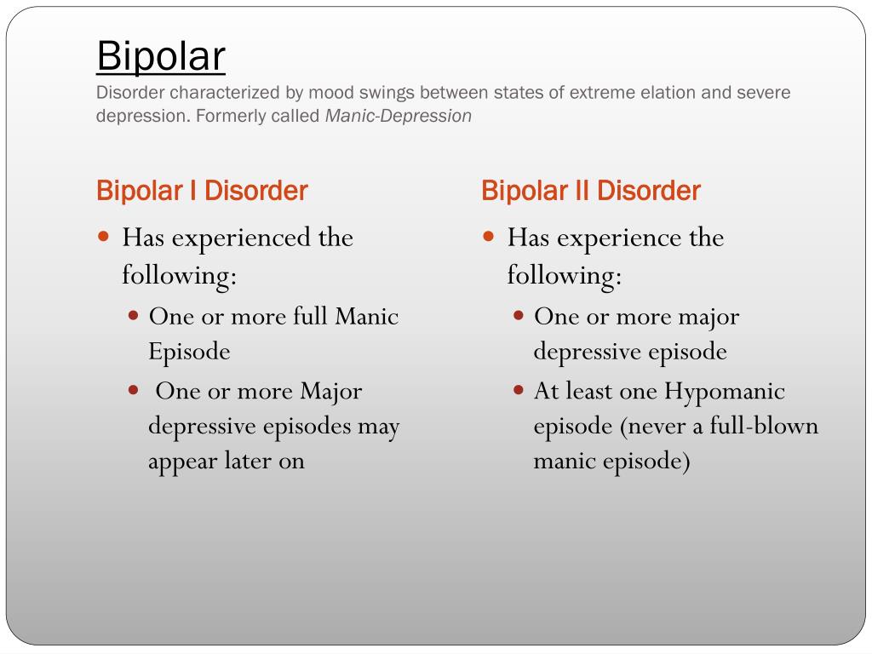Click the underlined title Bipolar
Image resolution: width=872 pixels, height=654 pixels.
coord(161,56)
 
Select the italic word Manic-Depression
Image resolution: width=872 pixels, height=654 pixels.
coord(399,116)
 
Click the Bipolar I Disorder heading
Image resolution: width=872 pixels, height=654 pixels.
coord(202,191)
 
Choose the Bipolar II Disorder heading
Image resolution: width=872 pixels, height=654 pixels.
coord(591,191)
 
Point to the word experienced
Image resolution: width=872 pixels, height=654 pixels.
coord(241,239)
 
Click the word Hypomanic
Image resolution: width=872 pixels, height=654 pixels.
coord(725,393)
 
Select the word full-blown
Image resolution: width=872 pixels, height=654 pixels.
coord(764,426)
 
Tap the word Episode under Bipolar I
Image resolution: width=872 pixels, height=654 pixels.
coord(189,353)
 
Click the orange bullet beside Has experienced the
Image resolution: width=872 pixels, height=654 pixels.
coord(103,237)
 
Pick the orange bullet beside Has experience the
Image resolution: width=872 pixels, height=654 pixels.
coord(488,237)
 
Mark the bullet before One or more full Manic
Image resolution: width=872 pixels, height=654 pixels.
coord(133,316)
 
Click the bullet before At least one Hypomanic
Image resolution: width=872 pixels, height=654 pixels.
coord(519,390)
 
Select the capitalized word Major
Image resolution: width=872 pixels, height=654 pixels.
coord(331,393)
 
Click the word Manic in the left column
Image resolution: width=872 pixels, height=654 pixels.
coord(366,316)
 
